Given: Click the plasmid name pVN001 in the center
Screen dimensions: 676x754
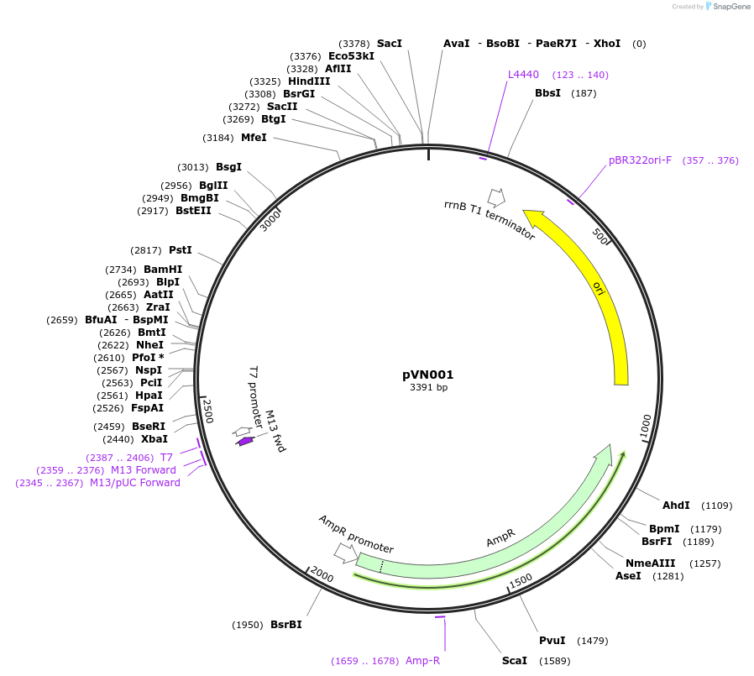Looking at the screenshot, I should (428, 375).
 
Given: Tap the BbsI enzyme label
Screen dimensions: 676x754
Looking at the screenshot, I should (547, 93).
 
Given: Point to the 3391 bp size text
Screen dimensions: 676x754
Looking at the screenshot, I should (428, 388).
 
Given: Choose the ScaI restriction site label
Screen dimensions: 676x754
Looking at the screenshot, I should (515, 661).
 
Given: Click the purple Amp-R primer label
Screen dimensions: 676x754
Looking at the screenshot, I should (422, 661).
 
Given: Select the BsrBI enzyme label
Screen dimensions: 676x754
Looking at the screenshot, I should (285, 625).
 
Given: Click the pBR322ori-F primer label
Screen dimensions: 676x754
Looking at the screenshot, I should (640, 160).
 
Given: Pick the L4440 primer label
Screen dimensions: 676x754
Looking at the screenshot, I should (523, 75).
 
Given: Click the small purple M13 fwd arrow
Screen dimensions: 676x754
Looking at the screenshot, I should (244, 441).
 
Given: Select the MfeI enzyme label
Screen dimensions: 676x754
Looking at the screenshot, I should (254, 138).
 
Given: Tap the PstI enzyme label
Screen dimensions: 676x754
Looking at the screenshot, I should (181, 250).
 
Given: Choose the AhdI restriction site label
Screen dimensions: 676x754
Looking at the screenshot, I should (676, 506).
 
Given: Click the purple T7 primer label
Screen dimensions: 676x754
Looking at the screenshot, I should (166, 458).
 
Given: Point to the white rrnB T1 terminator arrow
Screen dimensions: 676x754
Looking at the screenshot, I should (496, 197).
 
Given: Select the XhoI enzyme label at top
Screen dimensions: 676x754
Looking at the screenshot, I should (607, 43).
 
